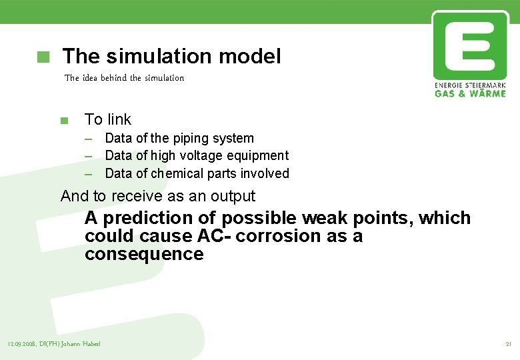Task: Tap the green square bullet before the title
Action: pyautogui.click(x=43, y=57)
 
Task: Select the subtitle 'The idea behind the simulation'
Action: pyautogui.click(x=124, y=78)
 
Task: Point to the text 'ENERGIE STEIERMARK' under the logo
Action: pyautogui.click(x=470, y=85)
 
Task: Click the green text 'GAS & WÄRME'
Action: pyautogui.click(x=470, y=93)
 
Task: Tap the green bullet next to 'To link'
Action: pyautogui.click(x=64, y=121)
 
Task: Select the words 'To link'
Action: pyautogui.click(x=107, y=119)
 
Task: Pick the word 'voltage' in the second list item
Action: pyautogui.click(x=203, y=156)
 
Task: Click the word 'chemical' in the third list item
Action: pyautogui.click(x=177, y=173)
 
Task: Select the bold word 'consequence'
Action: pyautogui.click(x=143, y=254)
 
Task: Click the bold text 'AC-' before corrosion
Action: pyautogui.click(x=214, y=236)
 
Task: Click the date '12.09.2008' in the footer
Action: pyautogui.click(x=22, y=344)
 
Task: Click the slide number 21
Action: pyautogui.click(x=509, y=344)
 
